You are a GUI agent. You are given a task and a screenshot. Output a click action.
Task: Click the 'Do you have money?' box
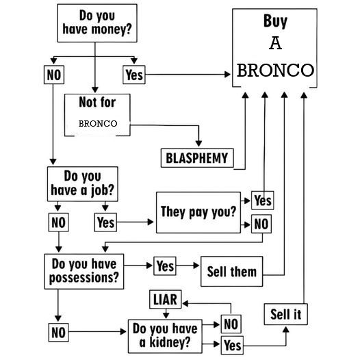97,23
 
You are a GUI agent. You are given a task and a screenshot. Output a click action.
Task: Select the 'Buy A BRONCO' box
275,48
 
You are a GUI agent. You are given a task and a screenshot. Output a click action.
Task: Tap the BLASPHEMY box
197,158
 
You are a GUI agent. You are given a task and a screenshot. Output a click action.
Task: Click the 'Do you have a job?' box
83,184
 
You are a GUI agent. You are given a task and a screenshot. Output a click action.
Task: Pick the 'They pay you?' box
198,213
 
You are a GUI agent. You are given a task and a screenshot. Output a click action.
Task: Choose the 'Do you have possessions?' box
84,272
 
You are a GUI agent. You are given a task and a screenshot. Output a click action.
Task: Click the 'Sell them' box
231,272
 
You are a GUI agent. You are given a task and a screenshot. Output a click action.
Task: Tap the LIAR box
166,299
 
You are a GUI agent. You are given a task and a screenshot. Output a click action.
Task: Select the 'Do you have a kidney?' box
165,336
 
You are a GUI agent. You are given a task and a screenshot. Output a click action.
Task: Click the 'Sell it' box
286,314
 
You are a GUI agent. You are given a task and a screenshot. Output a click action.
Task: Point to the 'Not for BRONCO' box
97,115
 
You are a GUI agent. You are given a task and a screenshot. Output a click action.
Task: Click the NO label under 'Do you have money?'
54,75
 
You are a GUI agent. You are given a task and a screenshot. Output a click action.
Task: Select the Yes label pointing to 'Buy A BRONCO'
134,75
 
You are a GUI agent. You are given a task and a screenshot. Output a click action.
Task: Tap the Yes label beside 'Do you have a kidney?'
232,346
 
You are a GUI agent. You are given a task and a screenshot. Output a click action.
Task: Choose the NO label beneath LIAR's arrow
231,324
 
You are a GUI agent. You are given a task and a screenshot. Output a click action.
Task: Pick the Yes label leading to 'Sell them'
165,266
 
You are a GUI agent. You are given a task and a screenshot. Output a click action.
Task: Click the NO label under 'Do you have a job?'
59,222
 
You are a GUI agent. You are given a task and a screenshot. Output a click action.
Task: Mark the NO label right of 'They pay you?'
261,224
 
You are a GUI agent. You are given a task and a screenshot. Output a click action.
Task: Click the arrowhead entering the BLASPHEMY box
198,144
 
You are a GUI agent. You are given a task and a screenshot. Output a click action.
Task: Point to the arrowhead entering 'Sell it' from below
286,330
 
